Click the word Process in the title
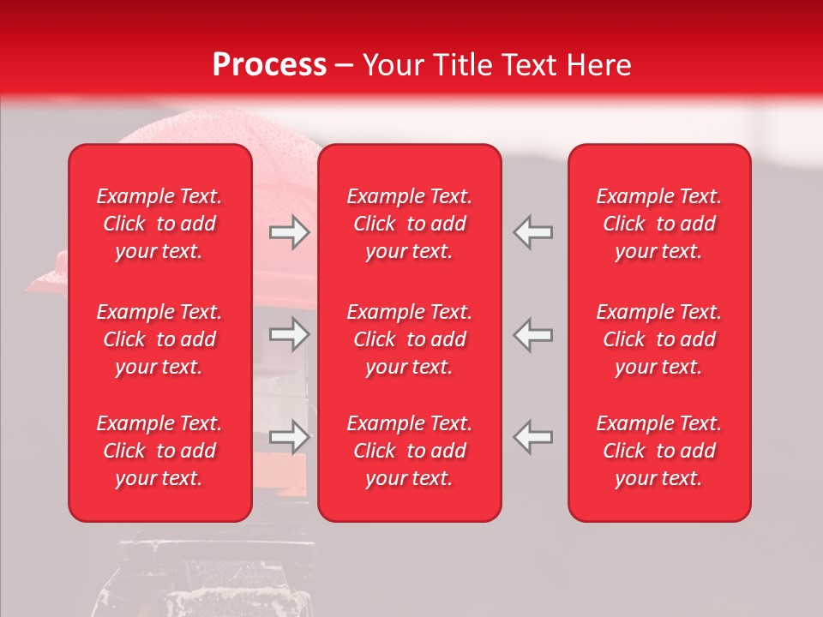[269, 65]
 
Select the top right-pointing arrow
[290, 232]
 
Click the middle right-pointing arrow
[290, 334]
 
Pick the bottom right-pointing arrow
[290, 437]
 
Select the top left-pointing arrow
[532, 232]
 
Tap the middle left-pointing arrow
[532, 334]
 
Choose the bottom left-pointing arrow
[532, 437]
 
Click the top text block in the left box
[159, 224]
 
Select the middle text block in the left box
[159, 339]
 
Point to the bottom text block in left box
[159, 451]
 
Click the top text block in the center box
[409, 224]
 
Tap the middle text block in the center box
[409, 339]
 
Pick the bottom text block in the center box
[409, 451]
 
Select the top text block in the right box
[658, 224]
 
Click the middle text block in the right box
[658, 339]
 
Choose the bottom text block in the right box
[658, 451]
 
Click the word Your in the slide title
[395, 65]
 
